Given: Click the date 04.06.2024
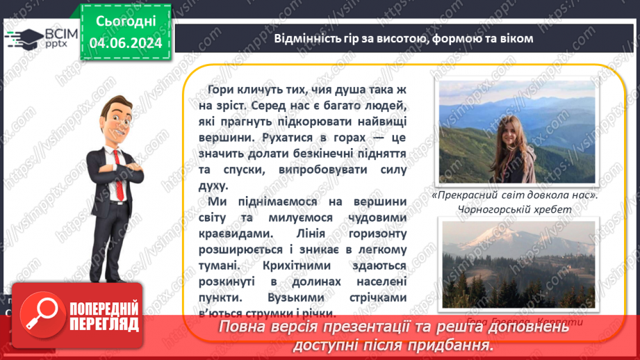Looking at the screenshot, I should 126,43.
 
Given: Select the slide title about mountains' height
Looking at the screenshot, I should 403,38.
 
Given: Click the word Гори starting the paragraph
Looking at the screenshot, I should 222,91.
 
